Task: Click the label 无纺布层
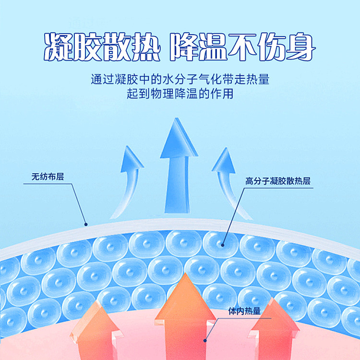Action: tap(48, 177)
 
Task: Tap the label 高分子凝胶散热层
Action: tap(278, 181)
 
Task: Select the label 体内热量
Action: tap(244, 311)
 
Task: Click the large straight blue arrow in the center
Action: tap(179, 165)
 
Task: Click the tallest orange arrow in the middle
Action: tap(185, 317)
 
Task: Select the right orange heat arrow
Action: tap(273, 331)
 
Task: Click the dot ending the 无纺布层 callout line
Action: tap(86, 224)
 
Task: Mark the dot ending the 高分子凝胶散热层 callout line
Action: tap(222, 245)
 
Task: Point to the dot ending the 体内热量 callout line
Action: tap(205, 340)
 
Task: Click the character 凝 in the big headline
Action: tap(59, 47)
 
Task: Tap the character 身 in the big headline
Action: tap(301, 47)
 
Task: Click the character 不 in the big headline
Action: tap(242, 47)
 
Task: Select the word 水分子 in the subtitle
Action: tap(180, 79)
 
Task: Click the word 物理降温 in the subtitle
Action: tap(174, 94)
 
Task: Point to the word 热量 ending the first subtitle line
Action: tap(258, 79)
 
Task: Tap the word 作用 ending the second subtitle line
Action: tap(222, 94)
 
